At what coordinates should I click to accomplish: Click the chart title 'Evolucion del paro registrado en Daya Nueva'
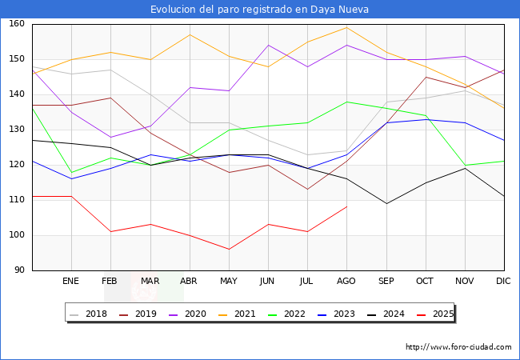click(x=260, y=10)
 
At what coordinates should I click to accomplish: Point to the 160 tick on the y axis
click(x=18, y=24)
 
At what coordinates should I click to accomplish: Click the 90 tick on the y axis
click(x=20, y=270)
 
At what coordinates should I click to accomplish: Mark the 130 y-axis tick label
click(x=18, y=130)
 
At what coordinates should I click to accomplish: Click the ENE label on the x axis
click(x=71, y=281)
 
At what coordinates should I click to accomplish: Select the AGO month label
click(x=346, y=281)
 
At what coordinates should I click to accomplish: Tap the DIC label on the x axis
click(x=504, y=281)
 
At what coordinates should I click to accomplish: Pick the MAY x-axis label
click(x=229, y=281)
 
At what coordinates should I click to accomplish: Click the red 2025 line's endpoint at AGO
click(x=346, y=207)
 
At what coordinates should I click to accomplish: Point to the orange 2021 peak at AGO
click(x=346, y=28)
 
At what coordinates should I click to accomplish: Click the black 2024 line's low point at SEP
click(x=386, y=203)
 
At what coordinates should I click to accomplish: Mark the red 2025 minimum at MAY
click(x=229, y=250)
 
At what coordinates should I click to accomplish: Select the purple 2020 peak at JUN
click(x=268, y=45)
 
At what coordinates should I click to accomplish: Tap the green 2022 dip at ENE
click(x=71, y=172)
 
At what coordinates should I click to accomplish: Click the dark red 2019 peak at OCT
click(x=426, y=77)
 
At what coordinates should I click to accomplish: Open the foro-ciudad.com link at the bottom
click(x=458, y=347)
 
